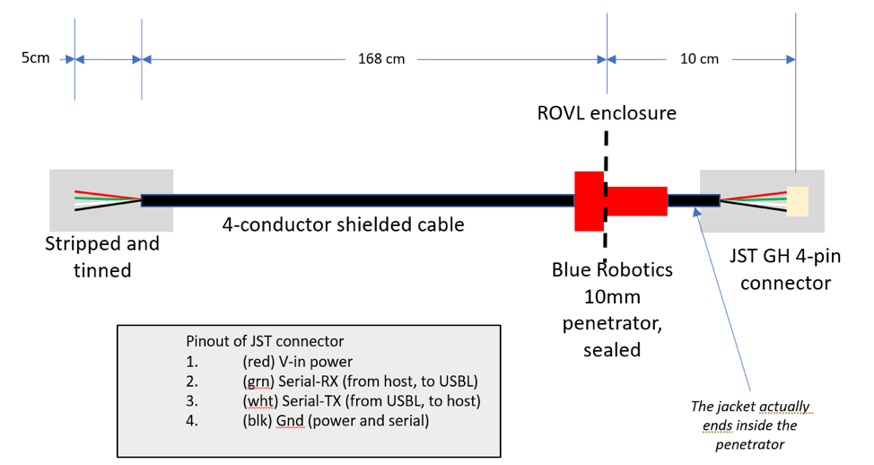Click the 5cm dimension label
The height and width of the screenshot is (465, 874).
click(x=36, y=58)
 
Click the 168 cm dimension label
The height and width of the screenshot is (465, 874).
click(x=381, y=59)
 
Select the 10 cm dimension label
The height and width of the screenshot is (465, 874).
click(x=700, y=59)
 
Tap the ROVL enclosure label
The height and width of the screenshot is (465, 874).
click(x=607, y=113)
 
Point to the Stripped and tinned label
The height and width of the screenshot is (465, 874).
click(x=102, y=256)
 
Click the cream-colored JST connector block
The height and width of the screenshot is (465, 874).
click(x=797, y=201)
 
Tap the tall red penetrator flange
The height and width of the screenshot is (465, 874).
click(x=589, y=199)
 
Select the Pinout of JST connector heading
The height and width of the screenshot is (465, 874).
click(x=264, y=341)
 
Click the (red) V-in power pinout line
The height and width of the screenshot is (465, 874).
click(x=296, y=362)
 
